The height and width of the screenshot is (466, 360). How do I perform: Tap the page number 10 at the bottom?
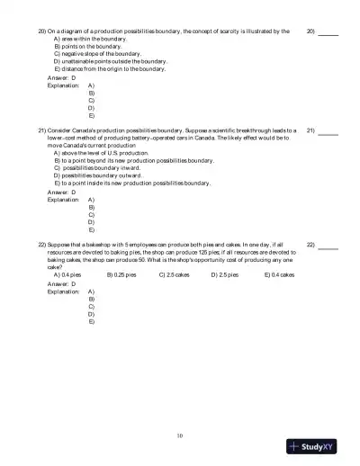click(x=180, y=435)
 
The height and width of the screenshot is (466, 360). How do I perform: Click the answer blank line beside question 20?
click(x=328, y=33)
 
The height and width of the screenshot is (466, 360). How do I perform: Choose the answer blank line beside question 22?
click(x=328, y=246)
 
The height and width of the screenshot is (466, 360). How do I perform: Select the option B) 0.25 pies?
click(x=121, y=273)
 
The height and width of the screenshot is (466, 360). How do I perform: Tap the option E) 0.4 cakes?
click(x=280, y=273)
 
